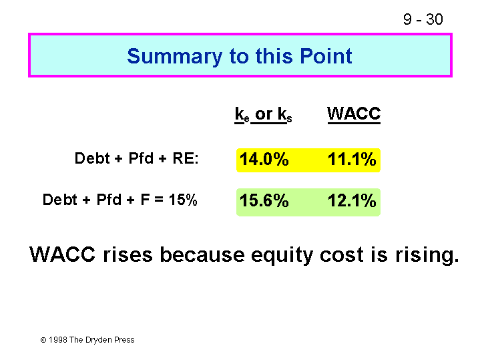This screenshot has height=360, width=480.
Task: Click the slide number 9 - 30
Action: pyautogui.click(x=423, y=19)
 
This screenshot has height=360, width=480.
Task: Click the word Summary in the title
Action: pyautogui.click(x=174, y=57)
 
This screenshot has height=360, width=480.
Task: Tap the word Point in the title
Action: pyautogui.click(x=326, y=56)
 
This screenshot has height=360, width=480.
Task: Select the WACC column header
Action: pyautogui.click(x=354, y=114)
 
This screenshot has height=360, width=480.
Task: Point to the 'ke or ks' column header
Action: pyautogui.click(x=263, y=114)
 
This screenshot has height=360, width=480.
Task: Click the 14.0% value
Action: pyautogui.click(x=264, y=160)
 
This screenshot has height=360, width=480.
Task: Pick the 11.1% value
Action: pyautogui.click(x=352, y=160)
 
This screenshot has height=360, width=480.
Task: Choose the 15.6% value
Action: pyautogui.click(x=264, y=200)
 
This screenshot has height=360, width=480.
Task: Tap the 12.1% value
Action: pyautogui.click(x=352, y=200)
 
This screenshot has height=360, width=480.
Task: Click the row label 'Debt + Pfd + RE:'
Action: pyautogui.click(x=137, y=158)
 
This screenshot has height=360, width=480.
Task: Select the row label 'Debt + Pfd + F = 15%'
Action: pyautogui.click(x=119, y=200)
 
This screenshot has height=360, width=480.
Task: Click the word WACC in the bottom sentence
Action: pyautogui.click(x=63, y=254)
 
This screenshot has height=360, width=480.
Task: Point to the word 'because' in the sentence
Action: pyautogui.click(x=202, y=254)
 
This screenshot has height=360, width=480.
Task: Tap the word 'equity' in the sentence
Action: pyautogui.click(x=282, y=256)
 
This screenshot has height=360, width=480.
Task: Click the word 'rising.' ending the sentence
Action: pyautogui.click(x=427, y=256)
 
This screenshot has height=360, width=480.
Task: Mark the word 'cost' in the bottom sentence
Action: pyautogui.click(x=342, y=255)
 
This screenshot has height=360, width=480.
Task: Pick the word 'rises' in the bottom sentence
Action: pyautogui.click(x=128, y=254)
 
